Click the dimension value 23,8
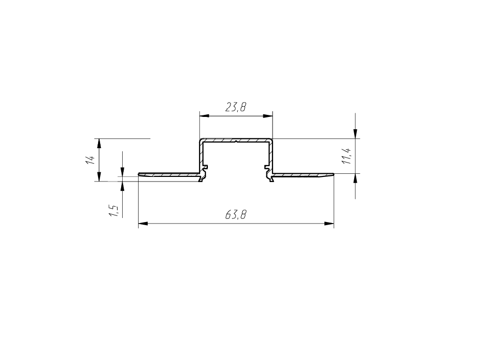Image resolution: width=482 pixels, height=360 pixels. click(x=236, y=107)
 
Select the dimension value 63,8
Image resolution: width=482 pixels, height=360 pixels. click(x=236, y=215)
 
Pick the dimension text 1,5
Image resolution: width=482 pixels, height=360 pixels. click(x=114, y=210)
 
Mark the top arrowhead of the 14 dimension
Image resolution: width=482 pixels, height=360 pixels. click(x=99, y=143)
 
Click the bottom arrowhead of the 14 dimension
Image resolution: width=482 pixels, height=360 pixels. click(x=99, y=177)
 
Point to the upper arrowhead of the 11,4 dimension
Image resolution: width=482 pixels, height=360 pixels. click(x=356, y=134)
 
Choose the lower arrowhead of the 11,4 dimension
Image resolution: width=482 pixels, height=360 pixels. click(x=356, y=178)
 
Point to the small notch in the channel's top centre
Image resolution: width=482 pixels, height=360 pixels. click(x=236, y=142)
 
